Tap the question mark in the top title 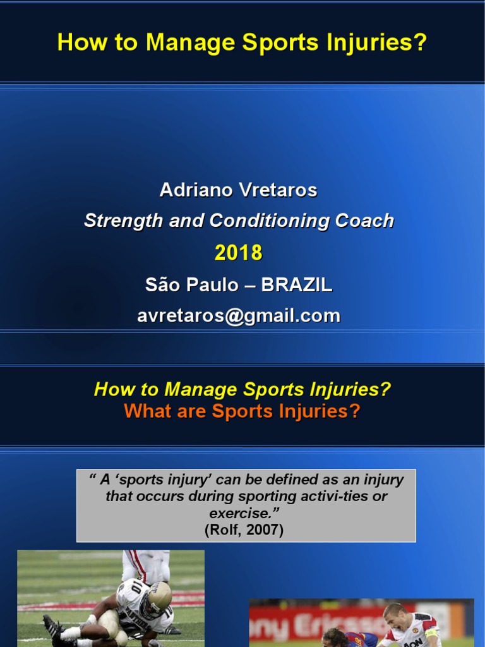tap(421, 43)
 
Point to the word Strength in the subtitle tap(115, 221)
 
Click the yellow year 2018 tap(239, 253)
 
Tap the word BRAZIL tap(296, 285)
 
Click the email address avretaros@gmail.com tap(239, 316)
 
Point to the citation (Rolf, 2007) tap(244, 529)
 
